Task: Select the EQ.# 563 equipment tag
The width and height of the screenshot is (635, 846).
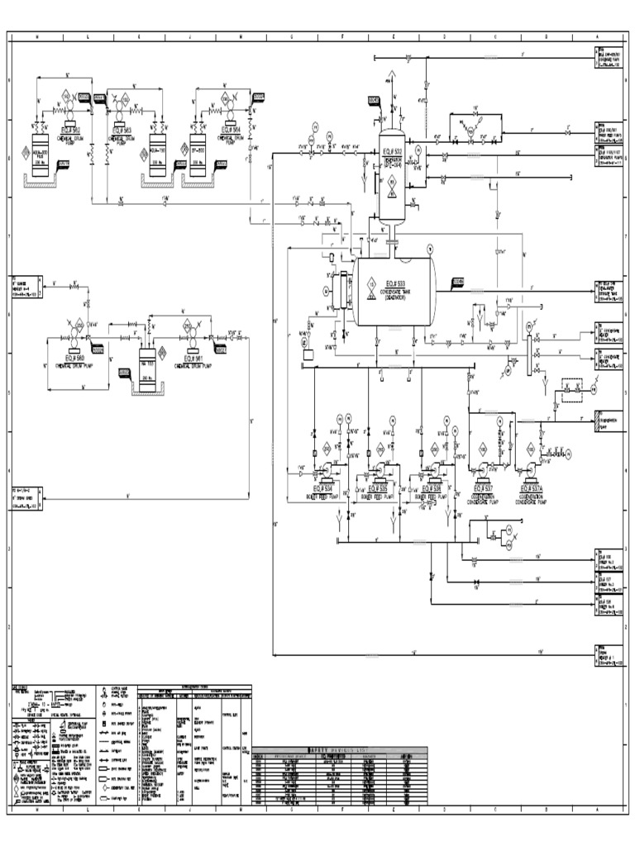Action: tap(122, 131)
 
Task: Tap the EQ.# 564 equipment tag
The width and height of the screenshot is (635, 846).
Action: tap(230, 131)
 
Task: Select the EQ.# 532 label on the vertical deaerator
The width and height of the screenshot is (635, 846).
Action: tap(392, 152)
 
